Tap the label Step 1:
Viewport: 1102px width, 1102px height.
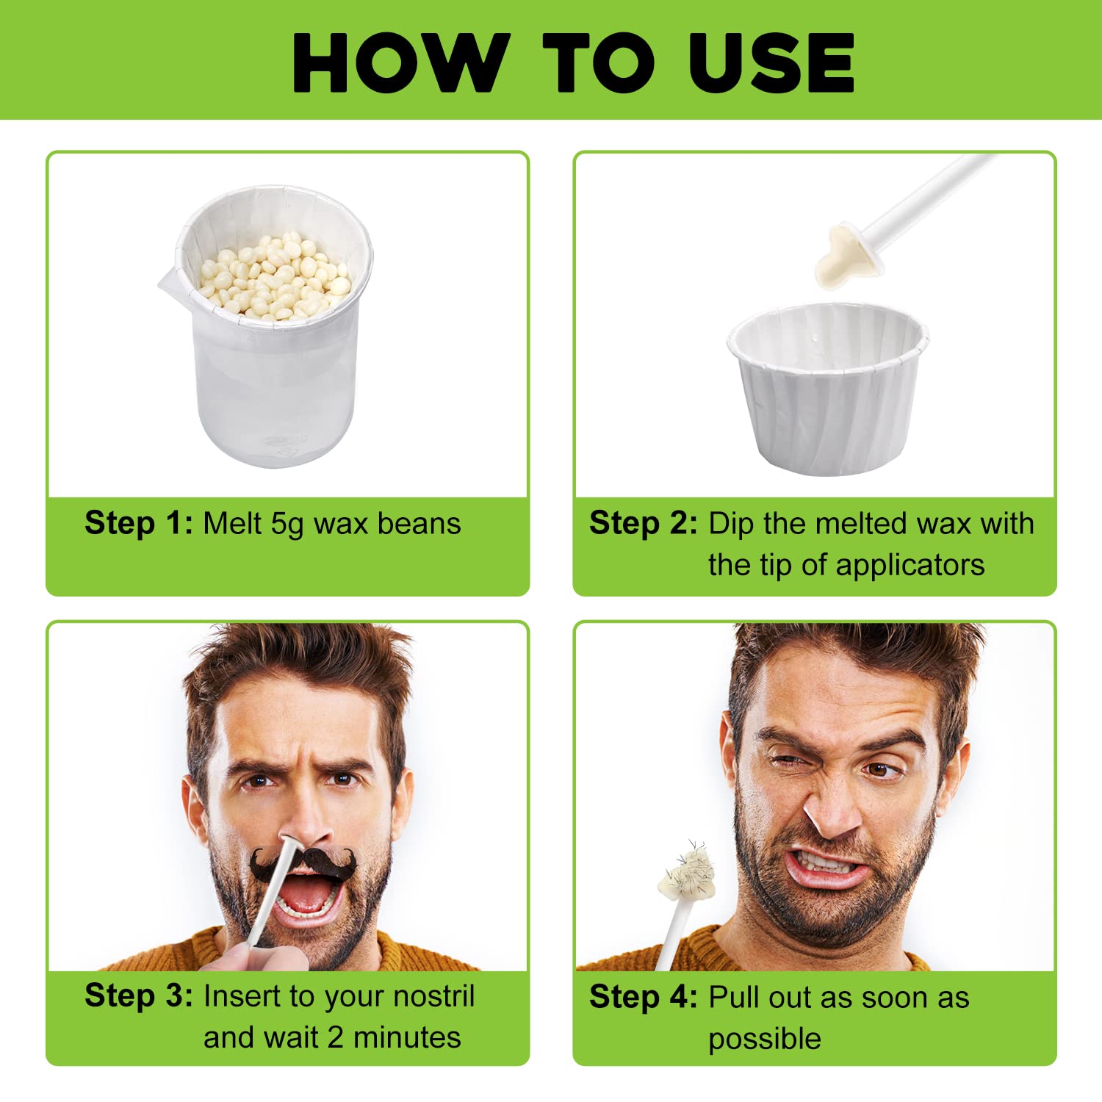point(139,523)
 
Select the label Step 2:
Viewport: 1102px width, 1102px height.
point(644,523)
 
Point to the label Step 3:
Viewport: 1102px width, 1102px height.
point(139,995)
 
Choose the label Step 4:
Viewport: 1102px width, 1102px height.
point(644,997)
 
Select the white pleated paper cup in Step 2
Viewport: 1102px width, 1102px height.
point(828,388)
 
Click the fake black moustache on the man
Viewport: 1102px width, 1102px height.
point(303,865)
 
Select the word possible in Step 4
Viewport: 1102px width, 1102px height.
point(765,1039)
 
